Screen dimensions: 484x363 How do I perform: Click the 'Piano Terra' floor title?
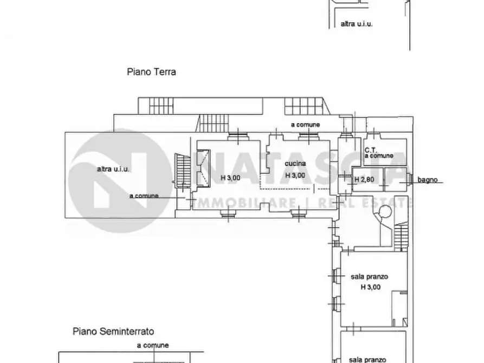pyautogui.click(x=151, y=72)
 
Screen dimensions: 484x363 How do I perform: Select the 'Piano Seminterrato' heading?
pyautogui.click(x=113, y=332)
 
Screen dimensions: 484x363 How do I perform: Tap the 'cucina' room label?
pyautogui.click(x=295, y=164)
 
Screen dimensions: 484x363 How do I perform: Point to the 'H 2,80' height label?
pyautogui.click(x=364, y=179)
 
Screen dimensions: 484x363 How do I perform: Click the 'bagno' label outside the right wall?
pyautogui.click(x=428, y=180)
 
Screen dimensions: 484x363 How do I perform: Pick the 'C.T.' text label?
pyautogui.click(x=371, y=150)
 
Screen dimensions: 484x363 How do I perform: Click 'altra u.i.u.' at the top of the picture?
pyautogui.click(x=357, y=24)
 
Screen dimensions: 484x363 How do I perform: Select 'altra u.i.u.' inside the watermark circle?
pyautogui.click(x=113, y=169)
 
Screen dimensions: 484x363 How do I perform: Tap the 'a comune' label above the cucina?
pyautogui.click(x=305, y=125)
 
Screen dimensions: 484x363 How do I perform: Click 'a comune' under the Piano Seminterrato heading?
pyautogui.click(x=153, y=345)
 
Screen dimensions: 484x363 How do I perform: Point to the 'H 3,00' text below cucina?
pyautogui.click(x=295, y=176)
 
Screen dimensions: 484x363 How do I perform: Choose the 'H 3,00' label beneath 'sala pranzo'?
pyautogui.click(x=370, y=287)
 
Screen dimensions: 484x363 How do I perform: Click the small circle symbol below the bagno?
pyautogui.click(x=385, y=211)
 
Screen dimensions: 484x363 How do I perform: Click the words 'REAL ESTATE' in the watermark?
pyautogui.click(x=365, y=203)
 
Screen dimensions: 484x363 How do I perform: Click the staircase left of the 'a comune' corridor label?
pyautogui.click(x=212, y=123)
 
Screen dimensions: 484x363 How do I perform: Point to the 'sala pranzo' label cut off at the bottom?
pyautogui.click(x=367, y=360)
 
